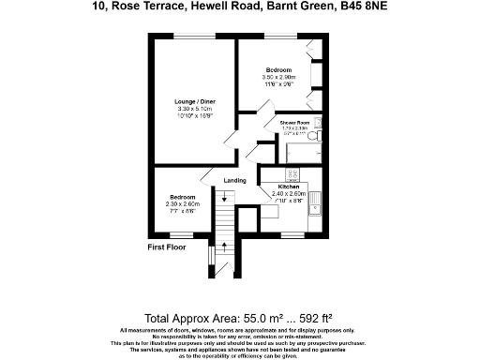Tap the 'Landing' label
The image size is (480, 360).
click(x=234, y=181)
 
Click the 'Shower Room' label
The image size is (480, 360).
click(x=293, y=123)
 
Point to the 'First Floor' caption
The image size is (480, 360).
click(x=170, y=247)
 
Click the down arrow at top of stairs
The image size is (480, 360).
click(x=223, y=197)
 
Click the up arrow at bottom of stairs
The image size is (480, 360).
click(x=223, y=247)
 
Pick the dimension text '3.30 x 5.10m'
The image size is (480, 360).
click(x=196, y=109)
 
